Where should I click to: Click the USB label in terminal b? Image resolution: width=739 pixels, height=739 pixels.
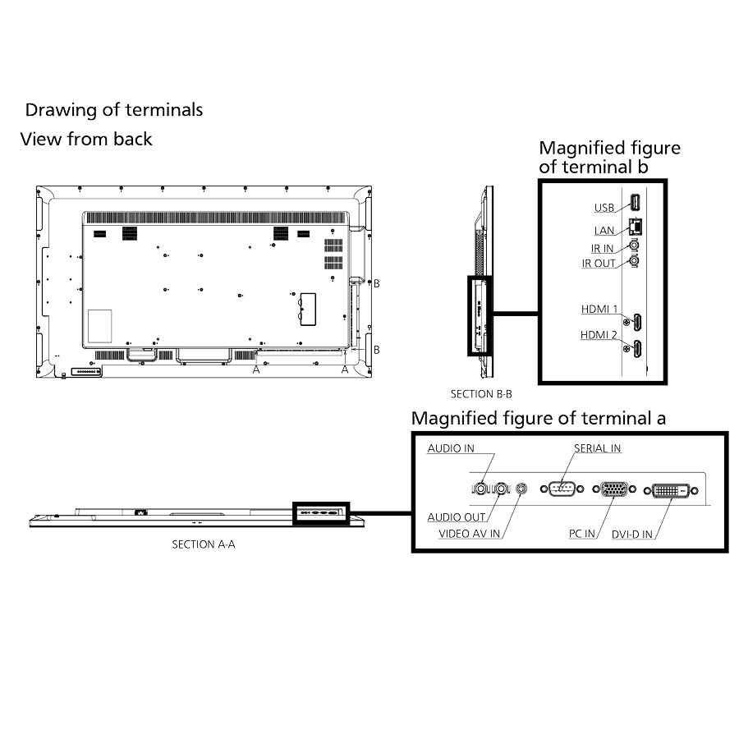point(604,208)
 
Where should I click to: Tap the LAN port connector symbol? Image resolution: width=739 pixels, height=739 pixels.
point(636,227)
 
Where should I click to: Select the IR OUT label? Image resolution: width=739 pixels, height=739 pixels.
point(599,264)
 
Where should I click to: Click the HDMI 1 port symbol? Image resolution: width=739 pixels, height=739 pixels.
point(637,323)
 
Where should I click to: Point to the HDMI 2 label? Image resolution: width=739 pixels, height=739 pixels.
point(599,335)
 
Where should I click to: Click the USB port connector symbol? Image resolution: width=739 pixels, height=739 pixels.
point(636,203)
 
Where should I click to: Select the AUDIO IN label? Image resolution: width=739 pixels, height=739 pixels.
point(451,448)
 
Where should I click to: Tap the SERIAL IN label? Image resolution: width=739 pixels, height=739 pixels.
point(597,448)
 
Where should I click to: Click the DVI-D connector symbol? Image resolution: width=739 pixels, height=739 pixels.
point(671,491)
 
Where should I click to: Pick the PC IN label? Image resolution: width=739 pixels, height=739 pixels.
point(581,534)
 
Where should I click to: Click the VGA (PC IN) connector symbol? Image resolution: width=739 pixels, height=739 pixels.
point(614,489)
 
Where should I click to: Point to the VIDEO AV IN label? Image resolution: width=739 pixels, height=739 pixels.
point(469,534)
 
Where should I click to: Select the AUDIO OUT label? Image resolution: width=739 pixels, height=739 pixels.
point(457,517)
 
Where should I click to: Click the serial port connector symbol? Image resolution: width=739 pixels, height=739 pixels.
point(562,489)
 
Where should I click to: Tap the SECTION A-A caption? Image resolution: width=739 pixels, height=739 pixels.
point(204,545)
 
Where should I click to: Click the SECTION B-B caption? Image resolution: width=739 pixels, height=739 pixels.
point(481,394)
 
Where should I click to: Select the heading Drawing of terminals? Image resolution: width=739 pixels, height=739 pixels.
point(114,110)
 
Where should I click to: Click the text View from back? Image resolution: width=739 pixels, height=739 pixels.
point(86,139)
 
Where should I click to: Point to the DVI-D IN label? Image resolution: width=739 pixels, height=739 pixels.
point(632,535)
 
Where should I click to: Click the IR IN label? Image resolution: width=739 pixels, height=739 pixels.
point(603,248)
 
